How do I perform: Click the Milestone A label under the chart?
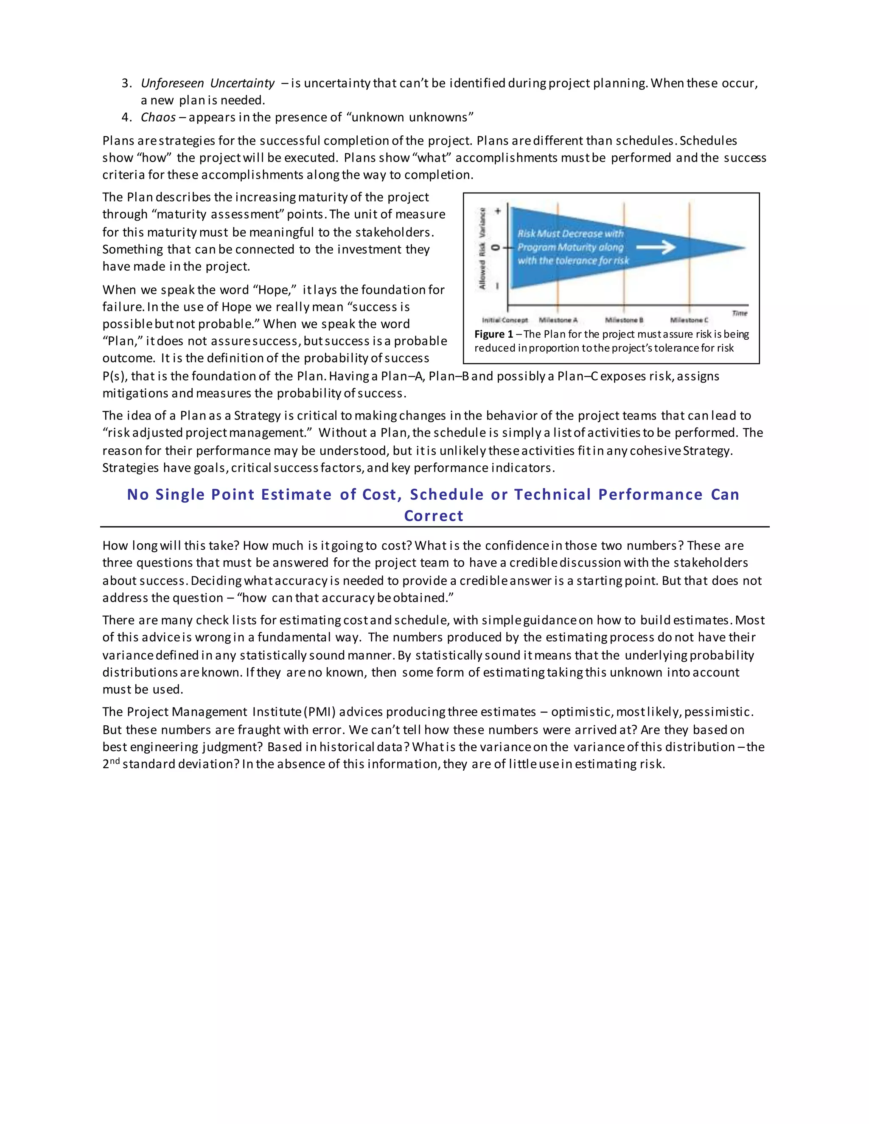coord(558,320)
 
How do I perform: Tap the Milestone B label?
coord(624,320)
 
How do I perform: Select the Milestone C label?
coord(690,320)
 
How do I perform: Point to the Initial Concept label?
coord(505,320)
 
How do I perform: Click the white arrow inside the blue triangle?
coord(656,248)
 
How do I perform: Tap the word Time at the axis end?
coord(739,313)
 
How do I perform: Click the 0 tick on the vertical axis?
coord(496,248)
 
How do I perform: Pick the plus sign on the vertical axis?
coord(498,211)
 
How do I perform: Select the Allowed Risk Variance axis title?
coord(483,248)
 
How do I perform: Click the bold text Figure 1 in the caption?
coord(493,335)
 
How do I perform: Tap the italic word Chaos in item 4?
coord(158,117)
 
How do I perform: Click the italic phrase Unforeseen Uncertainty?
coord(207,84)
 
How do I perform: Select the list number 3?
coord(126,84)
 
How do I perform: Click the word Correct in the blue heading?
coord(434,516)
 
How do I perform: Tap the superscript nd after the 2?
coord(115,761)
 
